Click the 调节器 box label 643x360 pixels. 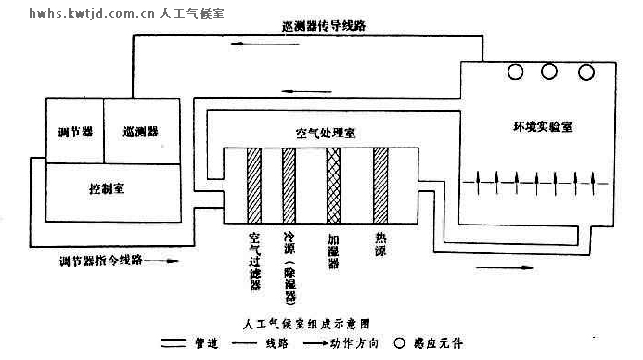pos(74,131)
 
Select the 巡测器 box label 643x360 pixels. pos(140,131)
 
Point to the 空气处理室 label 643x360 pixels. pos(326,133)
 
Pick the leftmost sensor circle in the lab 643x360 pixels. pos(513,71)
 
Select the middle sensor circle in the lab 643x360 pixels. pos(548,71)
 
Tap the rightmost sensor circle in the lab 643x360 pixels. pos(585,71)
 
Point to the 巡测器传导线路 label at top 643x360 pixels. pos(321,27)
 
